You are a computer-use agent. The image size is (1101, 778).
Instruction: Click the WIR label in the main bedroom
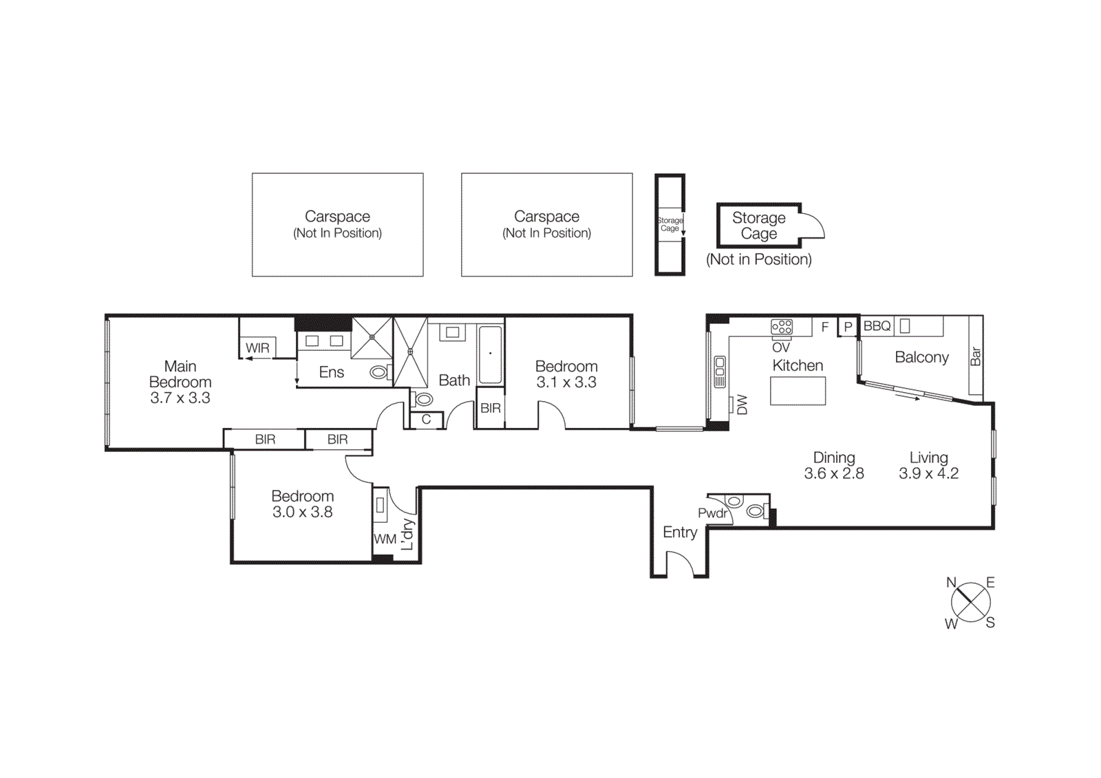point(257,348)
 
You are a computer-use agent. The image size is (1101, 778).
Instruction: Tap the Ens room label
point(331,372)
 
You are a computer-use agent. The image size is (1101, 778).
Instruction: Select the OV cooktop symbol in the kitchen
point(782,327)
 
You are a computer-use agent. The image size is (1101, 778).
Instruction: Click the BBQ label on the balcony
point(877,326)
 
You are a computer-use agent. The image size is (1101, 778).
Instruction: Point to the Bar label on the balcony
point(975,356)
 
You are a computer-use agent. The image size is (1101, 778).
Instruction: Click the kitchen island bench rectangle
point(798,391)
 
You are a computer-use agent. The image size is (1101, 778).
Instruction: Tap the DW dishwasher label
point(742,404)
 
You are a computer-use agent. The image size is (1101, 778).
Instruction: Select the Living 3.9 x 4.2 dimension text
point(928,466)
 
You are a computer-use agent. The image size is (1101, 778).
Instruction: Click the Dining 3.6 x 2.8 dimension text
point(834,466)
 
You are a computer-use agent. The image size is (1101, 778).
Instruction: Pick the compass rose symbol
point(970,603)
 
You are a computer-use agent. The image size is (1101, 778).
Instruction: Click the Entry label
point(680,532)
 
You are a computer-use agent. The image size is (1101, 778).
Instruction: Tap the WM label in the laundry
point(385,539)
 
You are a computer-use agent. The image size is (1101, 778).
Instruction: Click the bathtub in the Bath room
point(490,355)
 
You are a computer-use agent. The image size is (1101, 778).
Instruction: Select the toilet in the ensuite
point(379,373)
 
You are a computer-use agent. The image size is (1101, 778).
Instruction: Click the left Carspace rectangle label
point(337,224)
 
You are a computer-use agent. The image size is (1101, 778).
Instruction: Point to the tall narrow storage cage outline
point(670,224)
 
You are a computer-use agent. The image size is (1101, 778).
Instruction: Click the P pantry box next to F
point(848,327)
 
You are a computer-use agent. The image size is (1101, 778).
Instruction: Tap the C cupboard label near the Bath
point(426,420)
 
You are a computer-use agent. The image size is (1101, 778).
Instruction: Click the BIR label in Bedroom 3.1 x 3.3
point(490,408)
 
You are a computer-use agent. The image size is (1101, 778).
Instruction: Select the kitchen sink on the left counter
point(720,371)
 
